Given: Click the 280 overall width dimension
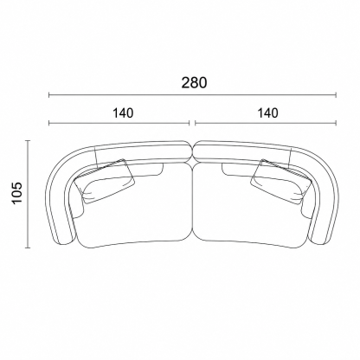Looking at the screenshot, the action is tap(194, 83).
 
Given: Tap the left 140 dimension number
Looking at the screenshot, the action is tap(123, 113).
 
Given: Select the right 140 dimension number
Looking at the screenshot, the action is tap(268, 113).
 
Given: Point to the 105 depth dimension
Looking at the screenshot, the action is tap(17, 193).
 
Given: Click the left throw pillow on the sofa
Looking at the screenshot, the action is tap(106, 181).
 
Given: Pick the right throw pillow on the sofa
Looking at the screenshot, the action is tap(280, 181).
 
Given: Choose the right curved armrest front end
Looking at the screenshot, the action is tap(321, 240).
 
